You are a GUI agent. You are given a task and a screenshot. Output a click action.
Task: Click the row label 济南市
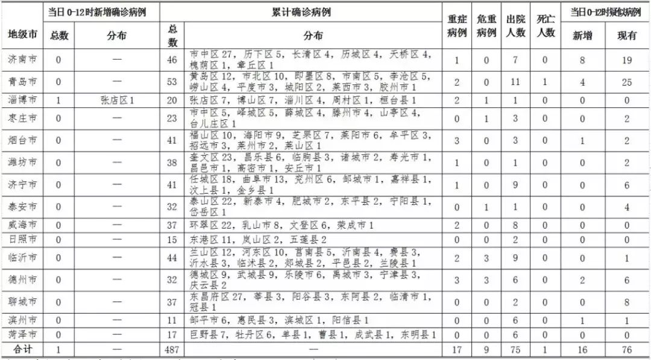pos(22,60)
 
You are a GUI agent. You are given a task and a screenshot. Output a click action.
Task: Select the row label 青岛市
pos(22,82)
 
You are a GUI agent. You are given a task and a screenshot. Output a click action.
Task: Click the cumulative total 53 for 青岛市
pos(173,82)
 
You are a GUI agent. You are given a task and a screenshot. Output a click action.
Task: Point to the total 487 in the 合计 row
pos(173,349)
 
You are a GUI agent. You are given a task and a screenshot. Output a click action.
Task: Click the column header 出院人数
pos(515,28)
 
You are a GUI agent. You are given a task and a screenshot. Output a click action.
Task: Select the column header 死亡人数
pos(546,28)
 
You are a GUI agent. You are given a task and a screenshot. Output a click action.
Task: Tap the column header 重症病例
pos(457,28)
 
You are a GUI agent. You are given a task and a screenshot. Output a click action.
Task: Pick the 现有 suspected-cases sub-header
pos(626,36)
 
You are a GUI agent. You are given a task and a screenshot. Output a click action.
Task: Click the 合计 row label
pos(22,349)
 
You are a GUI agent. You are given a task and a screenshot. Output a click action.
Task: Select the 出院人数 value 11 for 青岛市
pos(515,82)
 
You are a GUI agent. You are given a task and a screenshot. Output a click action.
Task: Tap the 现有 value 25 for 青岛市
pos(626,82)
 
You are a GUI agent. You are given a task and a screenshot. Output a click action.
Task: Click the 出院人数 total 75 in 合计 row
pos(515,349)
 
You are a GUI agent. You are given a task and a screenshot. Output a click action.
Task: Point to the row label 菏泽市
pos(22,334)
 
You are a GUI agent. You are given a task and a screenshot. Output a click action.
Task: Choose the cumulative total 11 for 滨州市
pos(173,320)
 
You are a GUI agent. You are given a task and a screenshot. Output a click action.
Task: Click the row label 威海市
pos(22,225)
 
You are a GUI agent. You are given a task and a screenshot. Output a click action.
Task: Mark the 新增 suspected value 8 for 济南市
pos(583,60)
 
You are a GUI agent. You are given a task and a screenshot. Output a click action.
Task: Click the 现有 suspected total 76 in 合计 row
pos(626,349)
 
